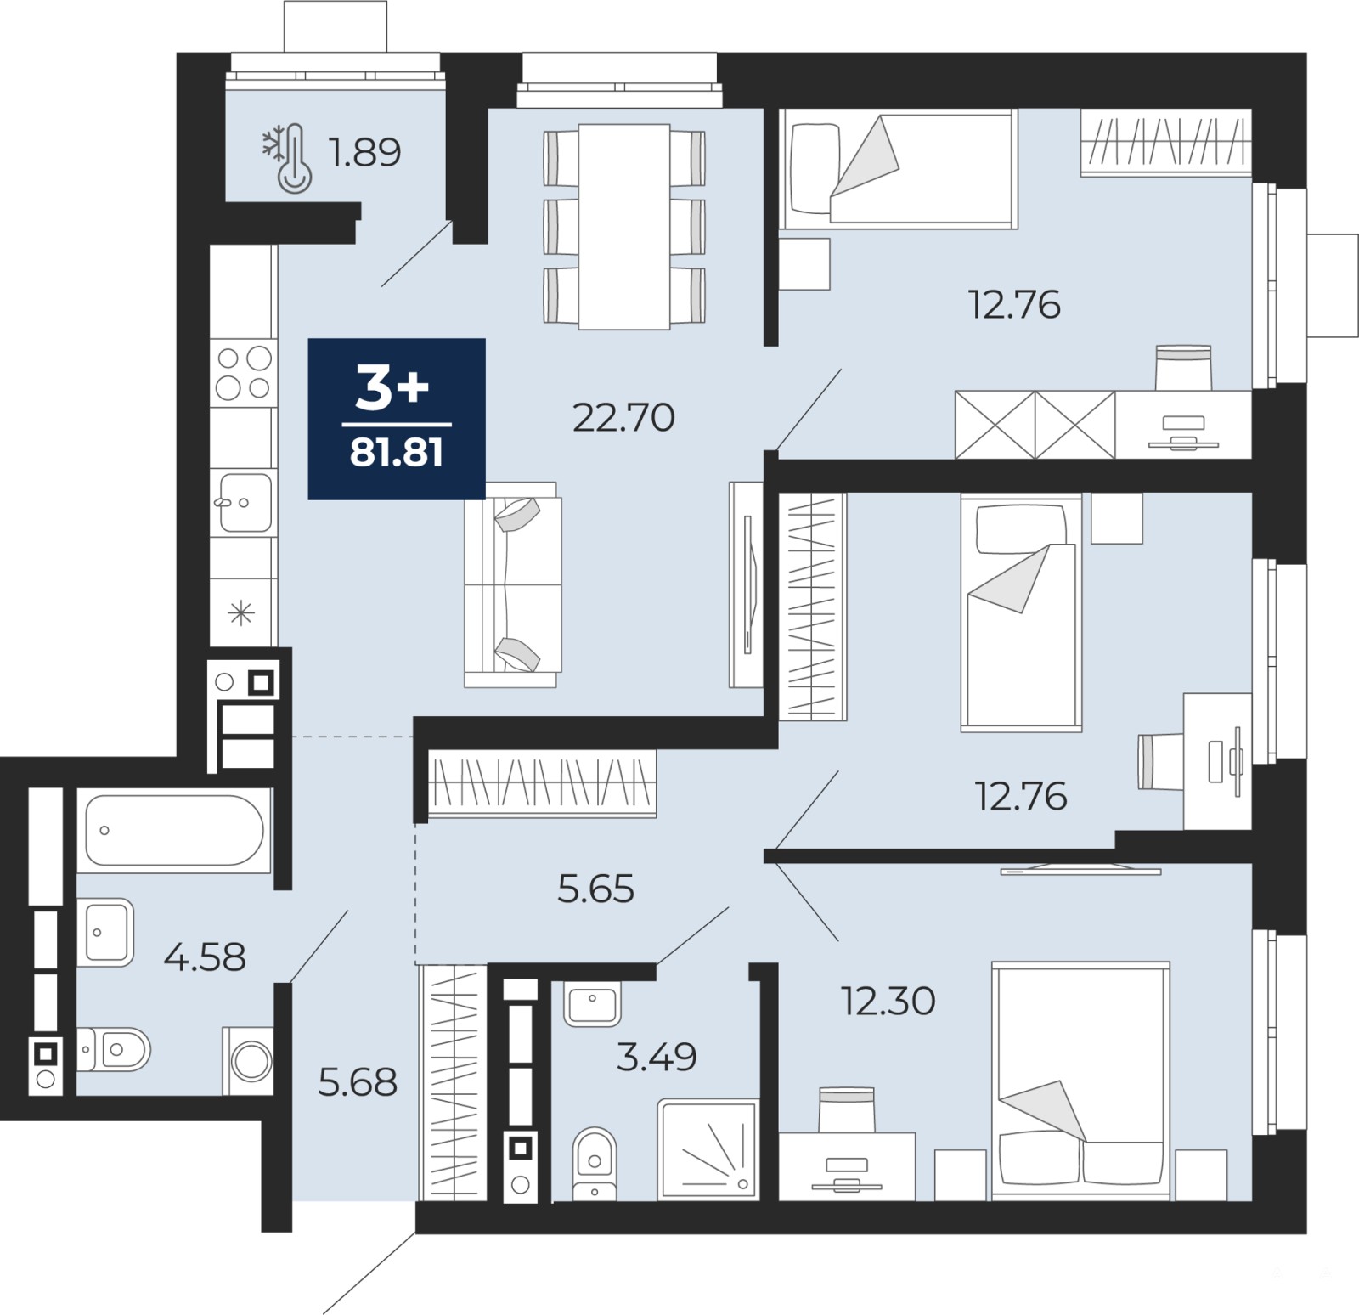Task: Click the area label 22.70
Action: [x=623, y=417]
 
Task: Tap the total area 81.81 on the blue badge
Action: [x=397, y=453]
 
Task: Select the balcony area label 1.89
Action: [x=364, y=152]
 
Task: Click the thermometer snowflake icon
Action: [x=287, y=158]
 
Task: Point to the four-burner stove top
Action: [x=244, y=372]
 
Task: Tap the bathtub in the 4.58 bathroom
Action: [x=174, y=830]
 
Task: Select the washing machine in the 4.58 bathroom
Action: [x=250, y=1060]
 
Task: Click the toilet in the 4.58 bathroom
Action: [x=114, y=1050]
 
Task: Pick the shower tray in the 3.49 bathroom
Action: [x=708, y=1149]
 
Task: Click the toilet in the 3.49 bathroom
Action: [x=595, y=1164]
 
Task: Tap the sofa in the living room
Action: [x=512, y=584]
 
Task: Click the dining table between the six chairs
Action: [x=624, y=226]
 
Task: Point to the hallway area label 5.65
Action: [x=595, y=889]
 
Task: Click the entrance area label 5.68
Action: [x=358, y=1082]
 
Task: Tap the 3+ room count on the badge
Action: [x=392, y=390]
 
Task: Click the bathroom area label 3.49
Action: [x=656, y=1057]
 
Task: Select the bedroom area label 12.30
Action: [x=888, y=1002]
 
